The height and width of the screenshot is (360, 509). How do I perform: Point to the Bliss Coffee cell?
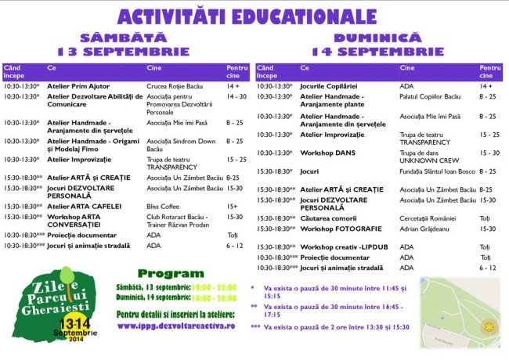tap(164, 206)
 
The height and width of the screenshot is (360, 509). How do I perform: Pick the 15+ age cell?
tap(233, 206)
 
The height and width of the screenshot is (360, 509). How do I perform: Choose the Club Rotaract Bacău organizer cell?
tap(179, 220)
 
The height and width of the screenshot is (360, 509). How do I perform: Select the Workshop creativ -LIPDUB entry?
tap(343, 247)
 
